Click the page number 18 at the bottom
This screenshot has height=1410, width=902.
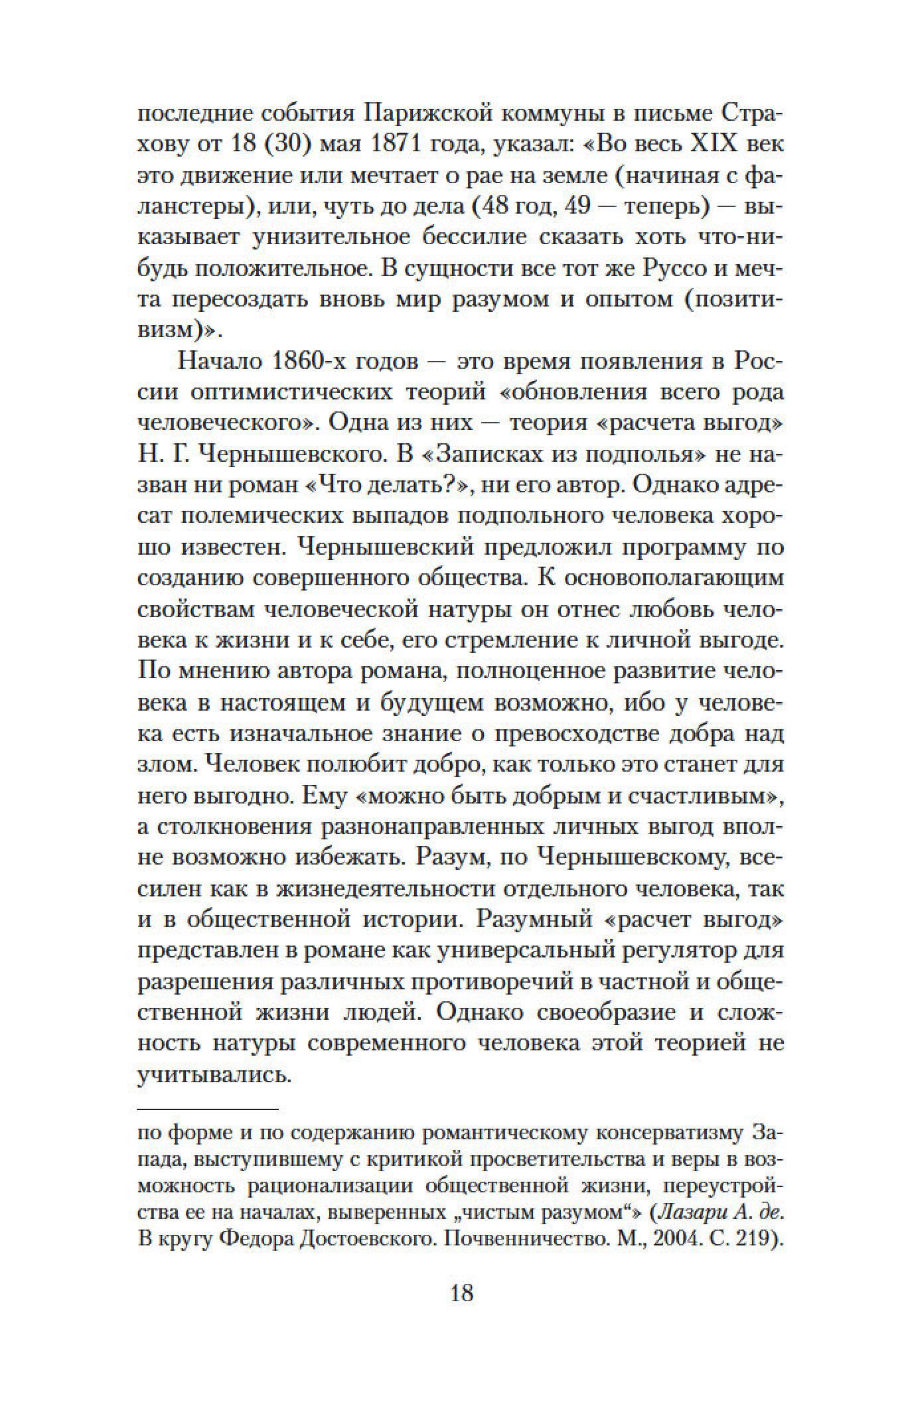pyautogui.click(x=461, y=1312)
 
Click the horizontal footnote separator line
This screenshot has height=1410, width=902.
pyautogui.click(x=207, y=1109)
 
